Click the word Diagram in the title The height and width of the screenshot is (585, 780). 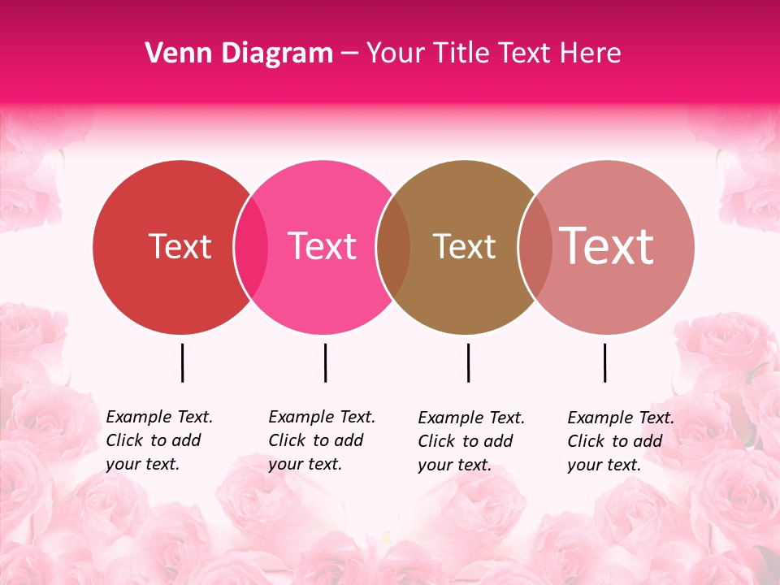pos(276,53)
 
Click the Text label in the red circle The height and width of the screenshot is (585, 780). pos(180,246)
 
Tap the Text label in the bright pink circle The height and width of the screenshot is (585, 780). pos(322,246)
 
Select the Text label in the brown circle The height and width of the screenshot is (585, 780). pos(464,247)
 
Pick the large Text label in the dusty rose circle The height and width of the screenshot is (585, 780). pos(607,245)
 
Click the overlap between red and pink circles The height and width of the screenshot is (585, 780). pos(252,247)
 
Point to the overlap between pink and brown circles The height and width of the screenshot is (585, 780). pos(394,247)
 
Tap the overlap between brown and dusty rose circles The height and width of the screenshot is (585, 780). pos(535,247)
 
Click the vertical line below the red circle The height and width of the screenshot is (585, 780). pos(183,362)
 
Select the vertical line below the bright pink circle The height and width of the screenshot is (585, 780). pos(326,362)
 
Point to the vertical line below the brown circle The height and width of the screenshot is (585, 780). pos(469,362)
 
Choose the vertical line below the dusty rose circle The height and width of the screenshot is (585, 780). pos(605,362)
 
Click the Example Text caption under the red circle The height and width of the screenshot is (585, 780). pos(158,440)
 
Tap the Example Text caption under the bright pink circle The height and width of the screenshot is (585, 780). pos(321,440)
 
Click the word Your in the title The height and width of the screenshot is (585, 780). pos(396,53)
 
